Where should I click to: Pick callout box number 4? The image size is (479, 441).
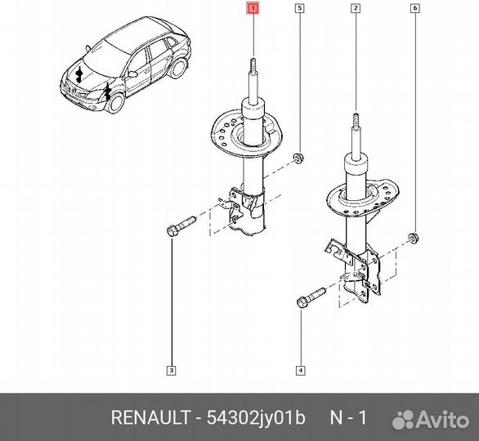301,372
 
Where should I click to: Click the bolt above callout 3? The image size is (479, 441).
180,225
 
